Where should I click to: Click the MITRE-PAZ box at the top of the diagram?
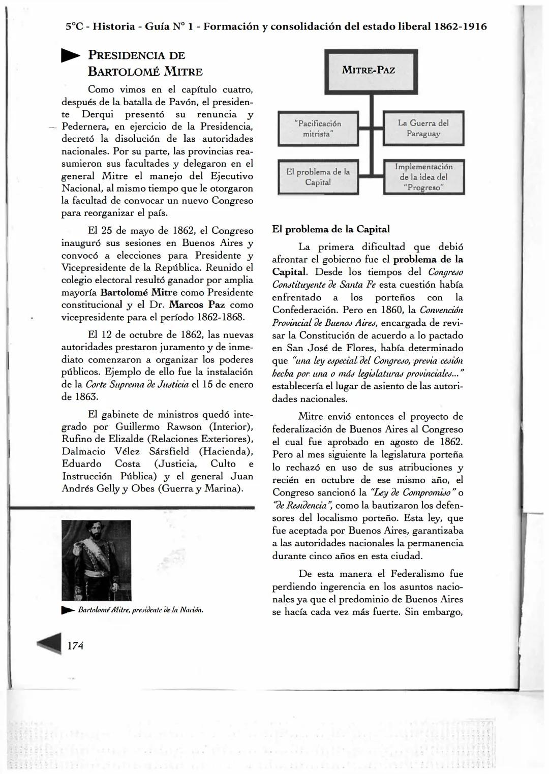tap(371, 71)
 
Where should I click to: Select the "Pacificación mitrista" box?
tap(318, 129)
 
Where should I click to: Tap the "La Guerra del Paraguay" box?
tap(423, 128)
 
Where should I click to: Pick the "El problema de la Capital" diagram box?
tap(318, 177)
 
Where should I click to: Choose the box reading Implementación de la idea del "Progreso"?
tap(423, 177)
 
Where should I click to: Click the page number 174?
tap(75, 645)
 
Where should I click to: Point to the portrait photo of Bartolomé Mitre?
tap(96, 560)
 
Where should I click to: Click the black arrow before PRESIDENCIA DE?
tap(71, 56)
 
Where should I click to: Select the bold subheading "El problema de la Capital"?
tap(331, 229)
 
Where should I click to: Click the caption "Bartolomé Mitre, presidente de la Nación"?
tap(140, 610)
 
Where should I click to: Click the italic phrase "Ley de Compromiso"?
tap(414, 492)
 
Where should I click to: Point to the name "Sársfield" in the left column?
tap(169, 451)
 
